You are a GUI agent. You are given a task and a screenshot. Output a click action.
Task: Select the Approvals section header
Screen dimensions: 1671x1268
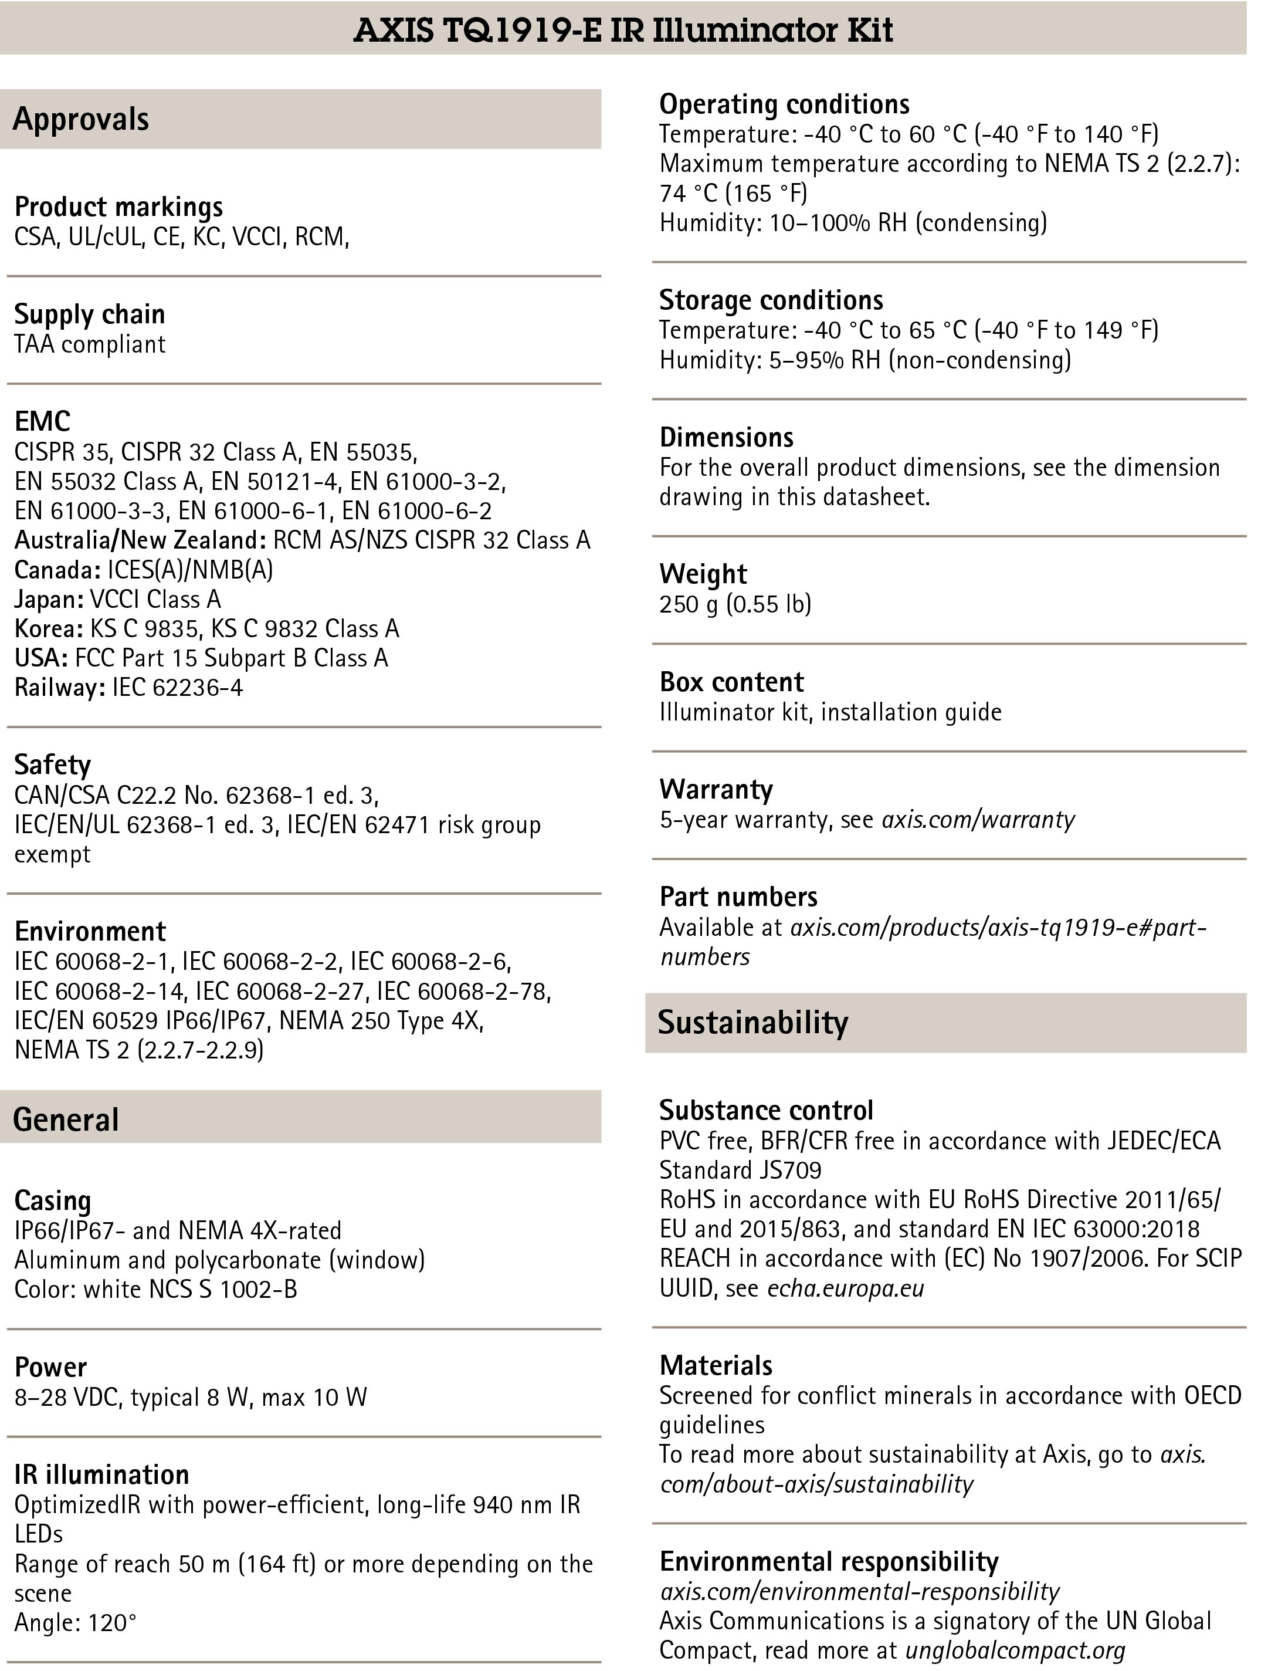[81, 119]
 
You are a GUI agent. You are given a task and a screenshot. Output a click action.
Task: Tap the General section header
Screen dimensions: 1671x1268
[66, 1119]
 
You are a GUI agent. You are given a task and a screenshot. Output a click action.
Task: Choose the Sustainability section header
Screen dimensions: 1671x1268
[752, 1022]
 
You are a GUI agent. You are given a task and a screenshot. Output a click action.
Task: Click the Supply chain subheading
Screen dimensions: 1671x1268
[89, 314]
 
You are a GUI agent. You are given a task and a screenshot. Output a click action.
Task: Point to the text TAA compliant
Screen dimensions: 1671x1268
[89, 344]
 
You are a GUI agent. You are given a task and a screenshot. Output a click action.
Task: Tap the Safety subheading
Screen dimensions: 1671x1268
[52, 765]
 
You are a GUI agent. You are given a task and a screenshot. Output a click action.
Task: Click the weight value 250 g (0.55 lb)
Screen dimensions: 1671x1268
[735, 604]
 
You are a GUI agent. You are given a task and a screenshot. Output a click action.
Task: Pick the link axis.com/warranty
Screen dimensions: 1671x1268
[978, 820]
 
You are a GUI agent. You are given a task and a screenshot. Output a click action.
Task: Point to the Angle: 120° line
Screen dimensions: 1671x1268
[76, 1623]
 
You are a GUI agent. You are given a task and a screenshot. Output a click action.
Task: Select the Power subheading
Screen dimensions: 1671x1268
[50, 1367]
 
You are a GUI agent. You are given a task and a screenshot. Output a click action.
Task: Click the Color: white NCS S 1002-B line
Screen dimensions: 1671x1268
[155, 1290]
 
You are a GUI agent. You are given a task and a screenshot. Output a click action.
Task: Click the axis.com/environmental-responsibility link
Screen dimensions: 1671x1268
[859, 1592]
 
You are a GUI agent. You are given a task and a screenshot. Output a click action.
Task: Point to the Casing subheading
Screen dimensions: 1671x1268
[53, 1201]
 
